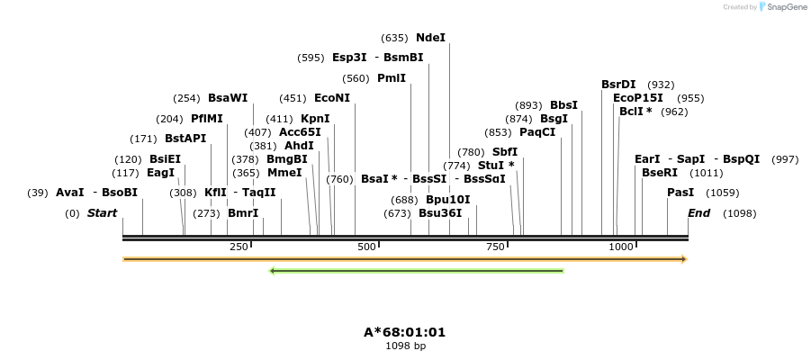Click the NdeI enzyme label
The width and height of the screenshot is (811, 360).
coord(430,38)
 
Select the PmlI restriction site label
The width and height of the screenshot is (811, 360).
coord(392,78)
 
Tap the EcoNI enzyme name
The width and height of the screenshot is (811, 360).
coord(332,98)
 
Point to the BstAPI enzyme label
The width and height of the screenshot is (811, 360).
coord(185,139)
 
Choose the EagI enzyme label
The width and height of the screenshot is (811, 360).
coord(160,173)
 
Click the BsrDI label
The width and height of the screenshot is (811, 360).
coord(618,85)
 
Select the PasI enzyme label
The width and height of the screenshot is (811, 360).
coord(680,193)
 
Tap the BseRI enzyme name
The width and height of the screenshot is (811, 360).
coord(659,173)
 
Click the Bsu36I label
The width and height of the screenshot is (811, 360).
coord(440,213)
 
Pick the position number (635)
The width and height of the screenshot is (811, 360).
coord(394,38)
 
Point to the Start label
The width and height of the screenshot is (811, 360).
coord(102,213)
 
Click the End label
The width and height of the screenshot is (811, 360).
coord(698,213)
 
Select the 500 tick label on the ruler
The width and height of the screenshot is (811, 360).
coord(366,247)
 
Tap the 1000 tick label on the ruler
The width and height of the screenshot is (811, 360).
coord(620,247)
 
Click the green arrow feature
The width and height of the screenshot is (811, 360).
coord(417,270)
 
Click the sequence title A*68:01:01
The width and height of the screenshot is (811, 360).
coord(404,332)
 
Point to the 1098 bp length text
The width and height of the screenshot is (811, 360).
coord(405,346)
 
